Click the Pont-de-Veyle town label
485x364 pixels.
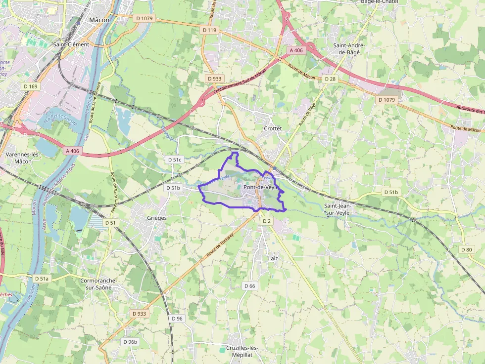pos(262,188)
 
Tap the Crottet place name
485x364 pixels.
pos(273,128)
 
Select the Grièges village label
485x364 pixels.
pos(157,218)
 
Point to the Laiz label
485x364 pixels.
pos(273,258)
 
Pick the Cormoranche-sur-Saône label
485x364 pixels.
pos(97,283)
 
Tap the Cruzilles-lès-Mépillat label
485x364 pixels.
pos(242,351)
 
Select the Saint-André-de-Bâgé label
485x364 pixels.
pos(349,48)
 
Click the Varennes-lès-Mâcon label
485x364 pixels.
pos(23,158)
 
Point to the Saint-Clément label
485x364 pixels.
pos(71,44)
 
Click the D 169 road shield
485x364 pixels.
pos(31,86)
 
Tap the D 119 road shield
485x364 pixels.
pos(210,30)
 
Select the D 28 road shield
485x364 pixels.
pos(330,79)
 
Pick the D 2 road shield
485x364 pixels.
pos(267,221)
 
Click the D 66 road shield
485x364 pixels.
pos(249,286)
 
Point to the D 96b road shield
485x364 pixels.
pos(130,342)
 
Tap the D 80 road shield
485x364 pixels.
pos(466,249)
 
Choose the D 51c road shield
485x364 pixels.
pos(175,160)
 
